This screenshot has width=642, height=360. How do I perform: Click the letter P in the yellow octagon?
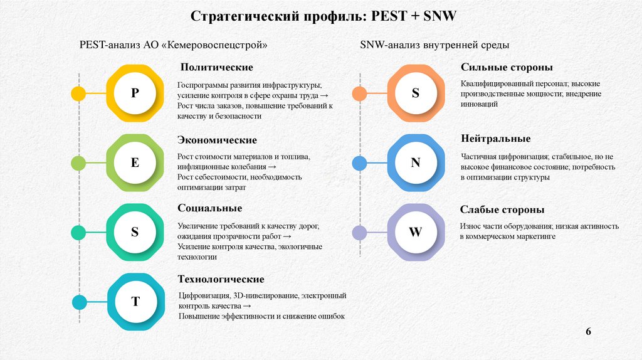coord(135,93)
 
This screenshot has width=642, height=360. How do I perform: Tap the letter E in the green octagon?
coord(135,163)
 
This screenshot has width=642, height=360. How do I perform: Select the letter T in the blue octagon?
coord(135,302)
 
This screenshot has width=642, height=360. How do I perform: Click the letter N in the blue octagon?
coord(415,163)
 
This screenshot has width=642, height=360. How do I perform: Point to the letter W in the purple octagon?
coord(415,232)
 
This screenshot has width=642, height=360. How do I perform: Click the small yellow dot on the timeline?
coord(78,94)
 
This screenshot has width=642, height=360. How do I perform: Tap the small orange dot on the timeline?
coord(359,94)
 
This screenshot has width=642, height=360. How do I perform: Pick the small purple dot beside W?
coord(359,233)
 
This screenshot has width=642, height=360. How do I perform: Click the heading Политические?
coord(216,67)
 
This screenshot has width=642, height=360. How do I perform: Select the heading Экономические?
coord(217,140)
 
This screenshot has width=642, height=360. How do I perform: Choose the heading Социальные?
coord(209,208)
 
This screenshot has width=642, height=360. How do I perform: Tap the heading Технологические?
coord(221,279)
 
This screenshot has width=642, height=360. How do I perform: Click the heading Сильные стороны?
coord(507,67)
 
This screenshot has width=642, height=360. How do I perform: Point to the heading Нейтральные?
coord(495,139)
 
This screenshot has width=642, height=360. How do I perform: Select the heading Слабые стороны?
coord(502,209)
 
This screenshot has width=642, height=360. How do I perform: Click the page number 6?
coord(588,331)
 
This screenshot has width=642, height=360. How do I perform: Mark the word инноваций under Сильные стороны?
coord(479,105)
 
